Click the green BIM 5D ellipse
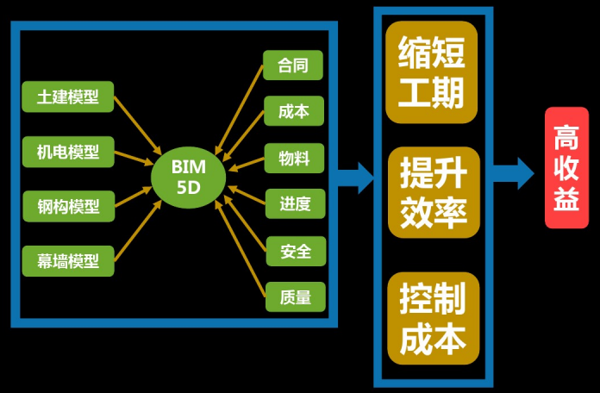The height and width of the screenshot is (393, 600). click(x=188, y=177)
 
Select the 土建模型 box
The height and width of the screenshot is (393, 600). click(x=68, y=97)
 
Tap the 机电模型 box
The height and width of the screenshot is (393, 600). click(x=68, y=152)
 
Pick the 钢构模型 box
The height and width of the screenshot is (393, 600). click(x=68, y=206)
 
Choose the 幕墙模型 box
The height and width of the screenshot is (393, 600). click(x=68, y=259)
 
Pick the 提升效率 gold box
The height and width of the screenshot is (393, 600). click(x=431, y=192)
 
